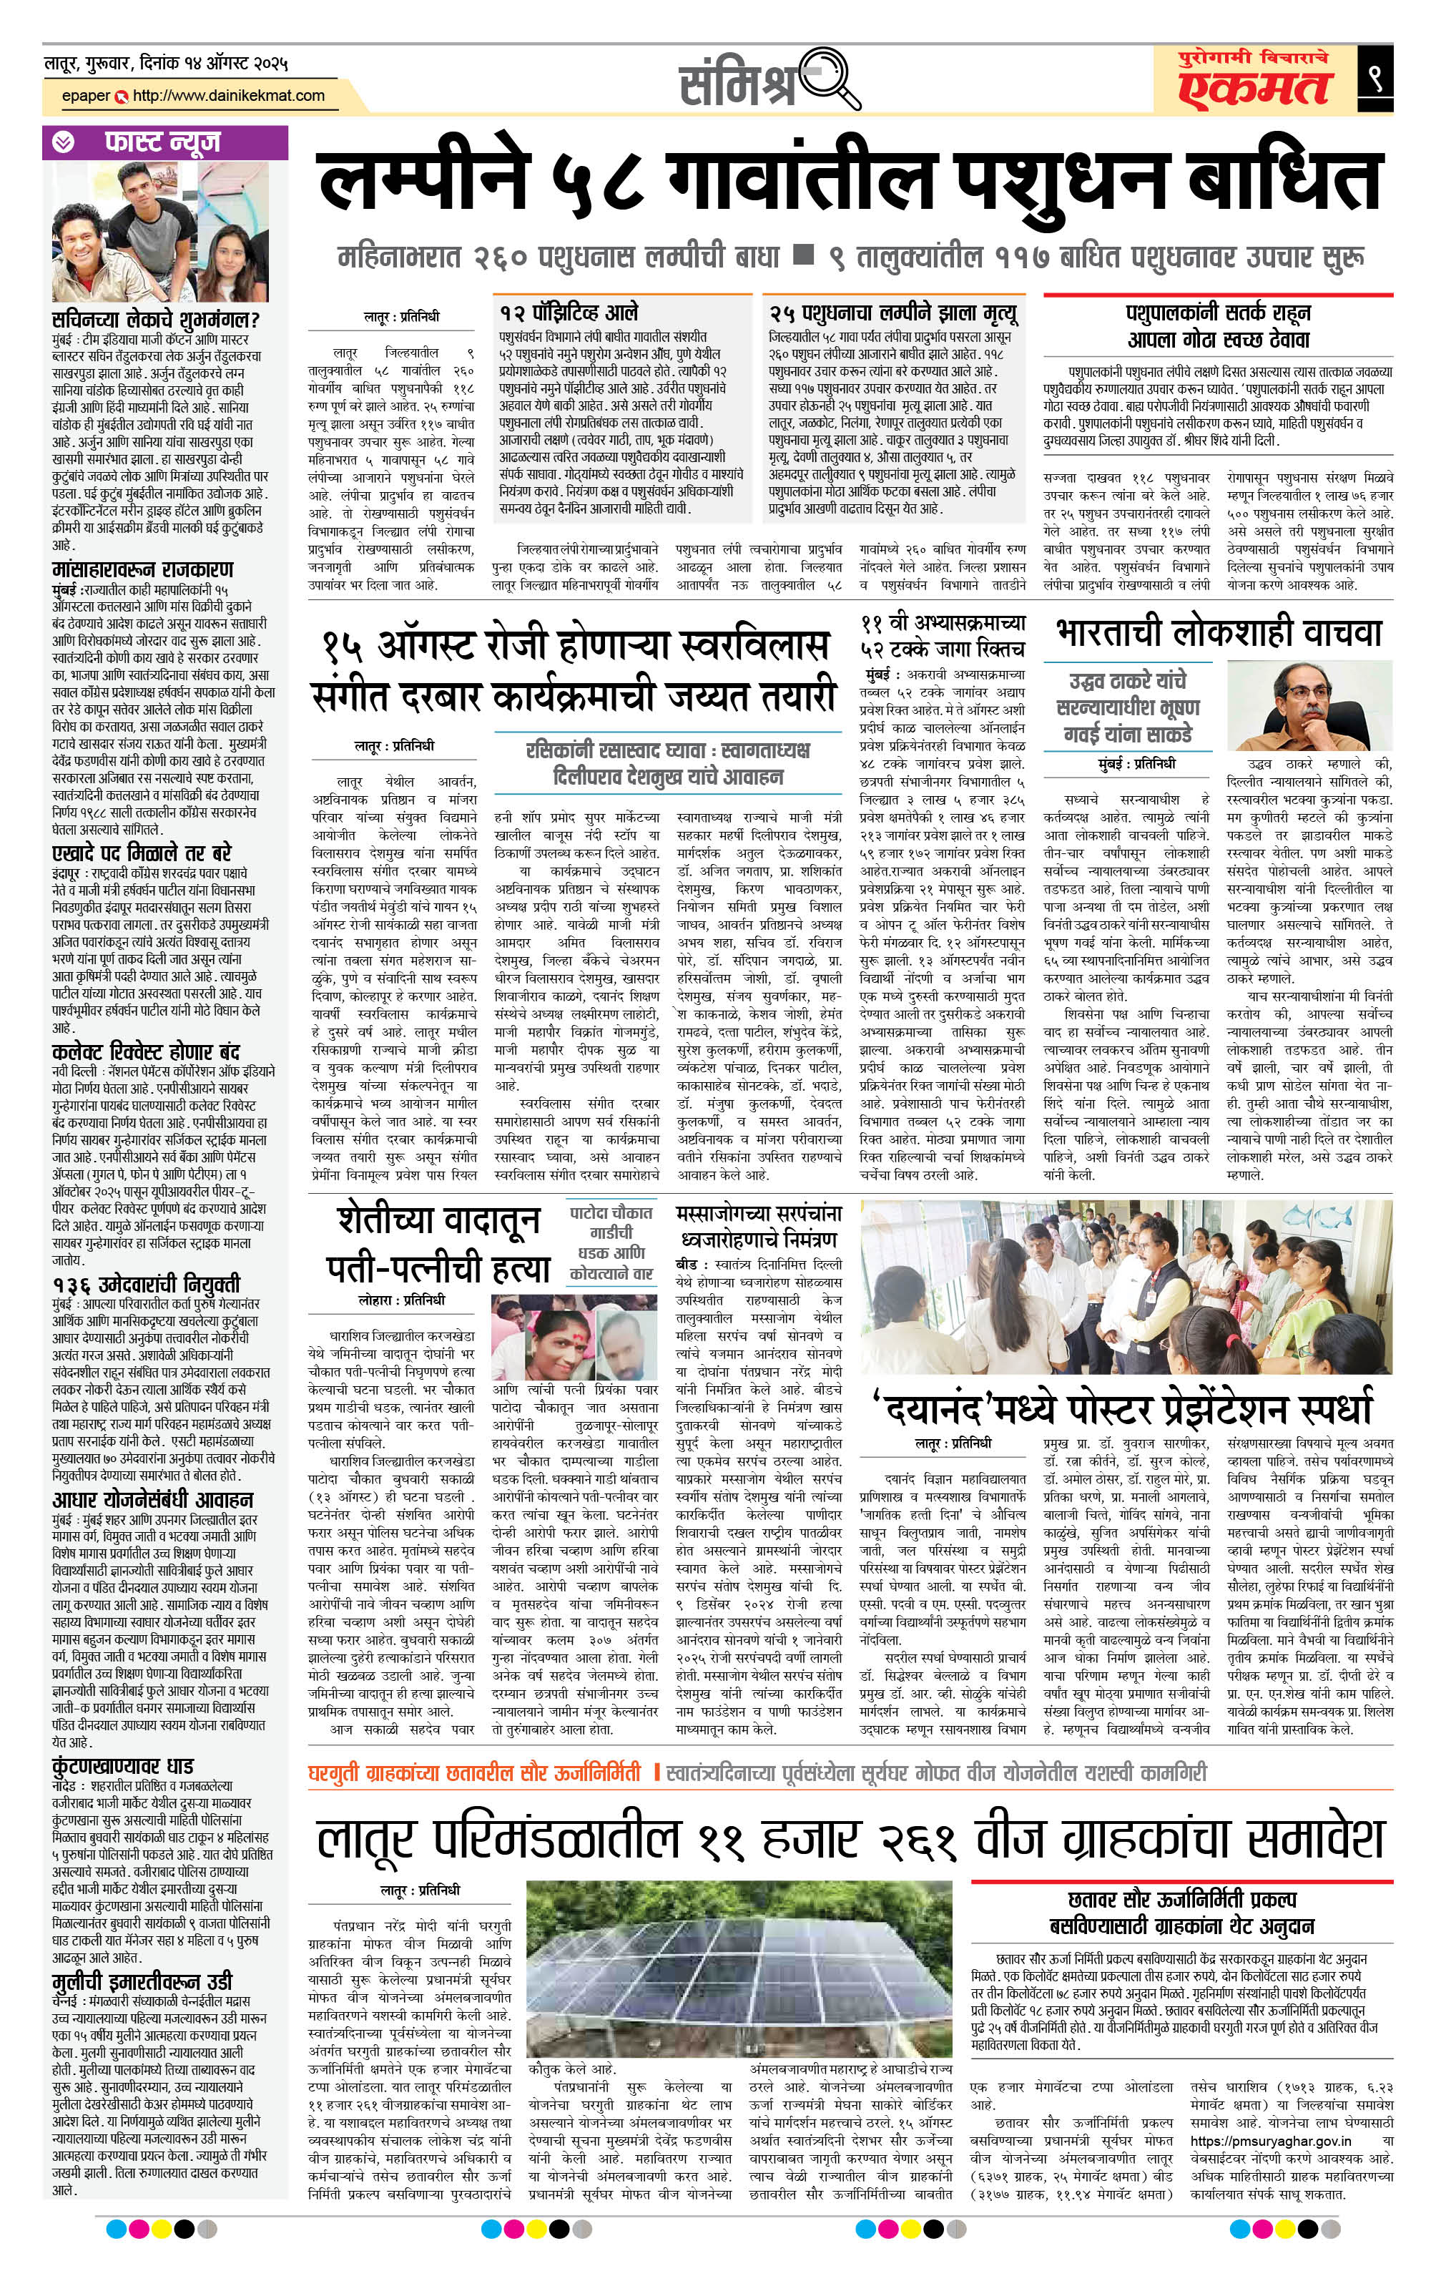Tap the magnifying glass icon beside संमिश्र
point(834,79)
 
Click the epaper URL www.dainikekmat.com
point(228,96)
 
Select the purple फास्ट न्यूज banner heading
point(162,142)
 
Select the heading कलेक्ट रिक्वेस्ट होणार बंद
point(146,1051)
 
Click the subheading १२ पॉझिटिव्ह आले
point(569,313)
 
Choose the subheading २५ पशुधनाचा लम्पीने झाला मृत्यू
point(893,313)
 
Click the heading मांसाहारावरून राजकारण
point(142,569)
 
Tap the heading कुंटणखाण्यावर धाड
point(123,1766)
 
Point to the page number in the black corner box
point(1374,78)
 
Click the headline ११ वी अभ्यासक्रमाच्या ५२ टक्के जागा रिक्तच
point(943,634)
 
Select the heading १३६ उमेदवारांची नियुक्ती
point(146,1283)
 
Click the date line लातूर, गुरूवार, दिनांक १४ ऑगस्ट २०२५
point(166,64)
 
